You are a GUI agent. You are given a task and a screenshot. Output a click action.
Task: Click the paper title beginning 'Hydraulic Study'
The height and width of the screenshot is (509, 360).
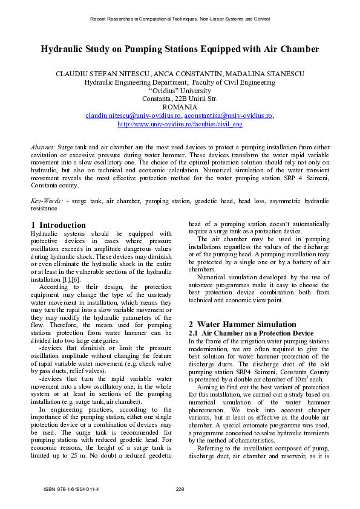coord(180,49)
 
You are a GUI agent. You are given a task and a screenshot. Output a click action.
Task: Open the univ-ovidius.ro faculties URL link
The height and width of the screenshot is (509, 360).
coord(180,124)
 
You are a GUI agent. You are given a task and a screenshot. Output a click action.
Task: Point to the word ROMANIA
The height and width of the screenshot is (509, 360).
coord(180,107)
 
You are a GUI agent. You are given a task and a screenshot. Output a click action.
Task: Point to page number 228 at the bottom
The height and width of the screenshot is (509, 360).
coord(180,488)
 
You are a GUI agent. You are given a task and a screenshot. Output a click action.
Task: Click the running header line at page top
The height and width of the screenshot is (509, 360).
coord(180,19)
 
